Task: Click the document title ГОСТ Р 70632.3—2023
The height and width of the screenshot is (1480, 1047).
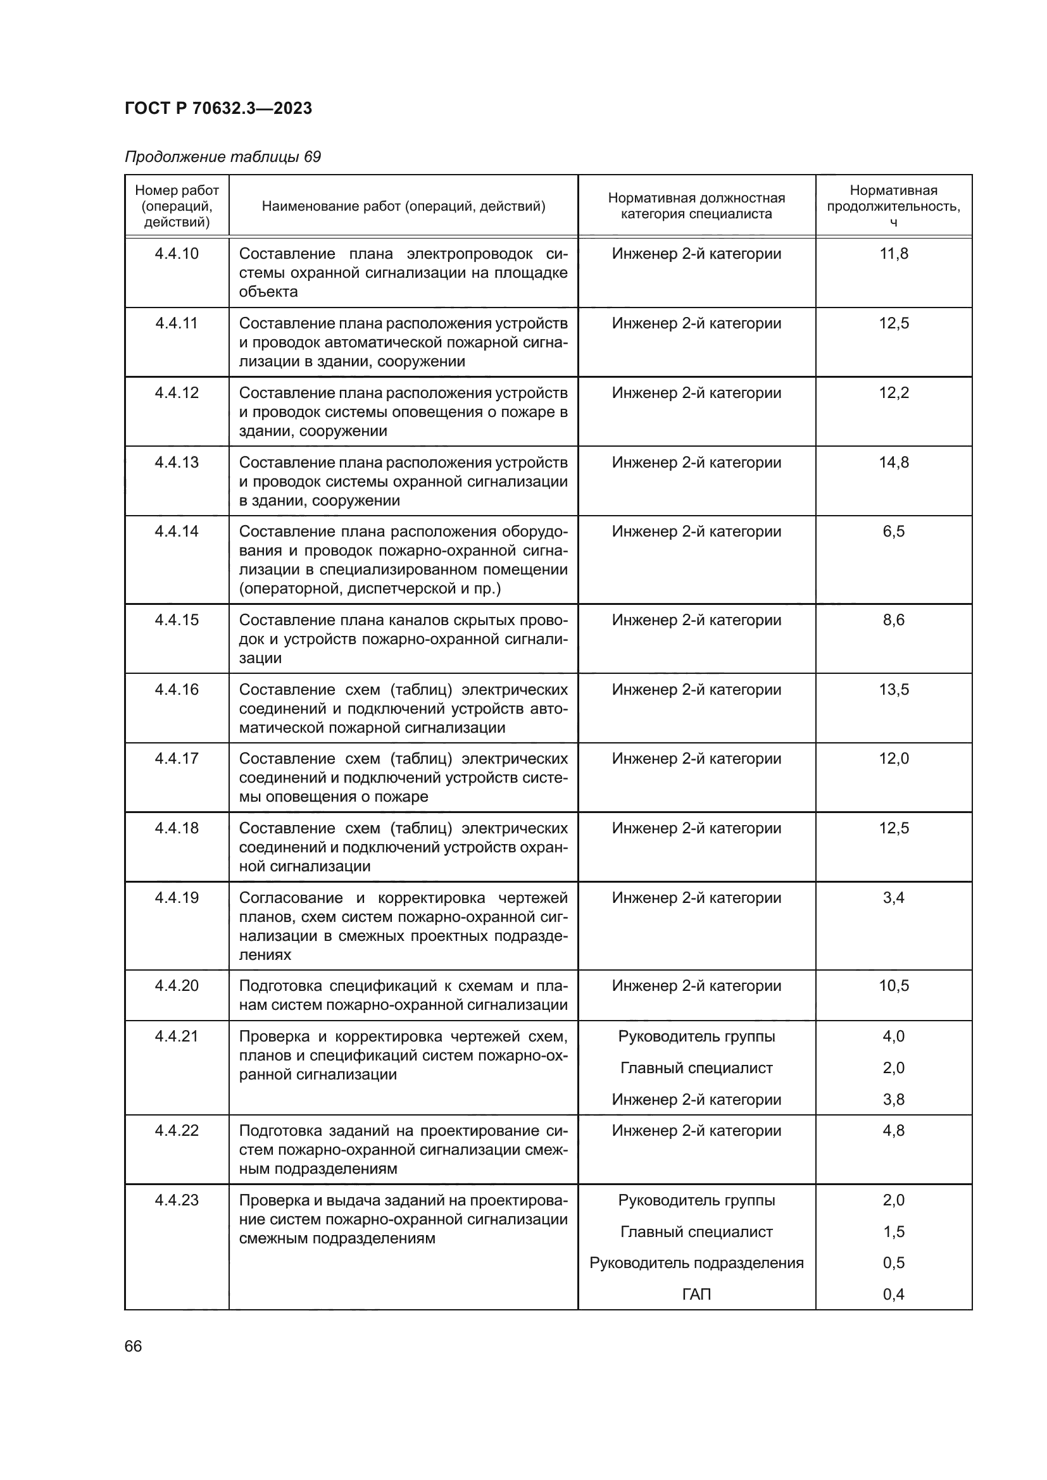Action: pyautogui.click(x=218, y=108)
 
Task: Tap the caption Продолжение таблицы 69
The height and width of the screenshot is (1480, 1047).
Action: pyautogui.click(x=222, y=158)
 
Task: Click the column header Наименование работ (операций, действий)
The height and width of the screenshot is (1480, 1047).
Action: pyautogui.click(x=403, y=206)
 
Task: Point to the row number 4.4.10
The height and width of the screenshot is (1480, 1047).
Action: pyautogui.click(x=177, y=254)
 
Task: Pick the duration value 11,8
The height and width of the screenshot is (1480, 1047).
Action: pyautogui.click(x=894, y=254)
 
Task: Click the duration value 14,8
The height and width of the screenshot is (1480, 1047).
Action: pyautogui.click(x=894, y=463)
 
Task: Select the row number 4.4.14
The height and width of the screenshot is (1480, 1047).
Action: pyautogui.click(x=177, y=532)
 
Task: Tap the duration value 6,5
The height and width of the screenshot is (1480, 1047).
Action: pyautogui.click(x=894, y=532)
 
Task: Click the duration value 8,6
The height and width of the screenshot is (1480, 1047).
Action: pyautogui.click(x=894, y=620)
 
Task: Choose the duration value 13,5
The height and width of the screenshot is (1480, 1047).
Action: pyautogui.click(x=894, y=690)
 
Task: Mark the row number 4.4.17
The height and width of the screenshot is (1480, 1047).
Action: pyautogui.click(x=177, y=759)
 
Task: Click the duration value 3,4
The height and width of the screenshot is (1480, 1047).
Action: pyautogui.click(x=894, y=898)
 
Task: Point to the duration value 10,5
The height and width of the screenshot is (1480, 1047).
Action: pyautogui.click(x=894, y=986)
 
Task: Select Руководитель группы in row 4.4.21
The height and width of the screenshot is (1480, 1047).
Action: pyautogui.click(x=696, y=1036)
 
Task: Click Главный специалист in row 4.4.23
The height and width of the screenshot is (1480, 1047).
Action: pyautogui.click(x=696, y=1232)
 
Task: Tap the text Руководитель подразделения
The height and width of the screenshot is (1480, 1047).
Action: pyautogui.click(x=696, y=1263)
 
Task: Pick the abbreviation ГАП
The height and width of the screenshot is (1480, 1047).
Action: pyautogui.click(x=696, y=1295)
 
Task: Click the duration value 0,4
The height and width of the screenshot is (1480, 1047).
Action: pyautogui.click(x=894, y=1295)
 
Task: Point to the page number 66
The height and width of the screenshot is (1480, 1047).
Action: pyautogui.click(x=134, y=1346)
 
